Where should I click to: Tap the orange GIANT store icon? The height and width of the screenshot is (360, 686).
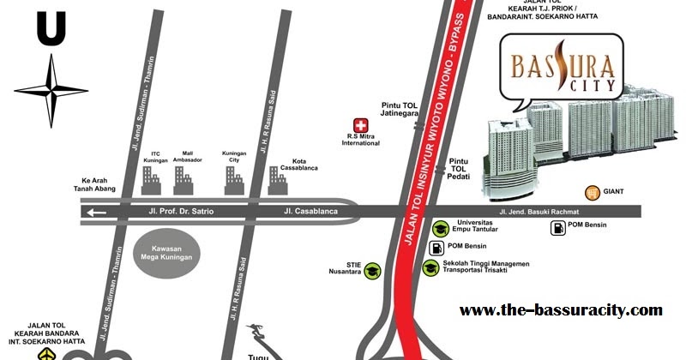click(x=592, y=192)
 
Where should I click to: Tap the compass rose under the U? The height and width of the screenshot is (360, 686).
click(x=51, y=88)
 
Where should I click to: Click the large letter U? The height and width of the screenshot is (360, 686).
click(x=51, y=29)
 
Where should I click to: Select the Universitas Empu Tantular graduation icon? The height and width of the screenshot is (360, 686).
click(x=440, y=228)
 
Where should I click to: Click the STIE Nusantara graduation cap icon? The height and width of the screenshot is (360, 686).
click(x=373, y=271)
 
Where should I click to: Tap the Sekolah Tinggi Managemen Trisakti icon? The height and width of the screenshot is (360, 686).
click(x=430, y=267)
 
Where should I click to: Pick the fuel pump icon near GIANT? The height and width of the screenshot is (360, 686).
click(x=557, y=228)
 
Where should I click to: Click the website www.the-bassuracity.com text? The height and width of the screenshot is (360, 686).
click(x=561, y=309)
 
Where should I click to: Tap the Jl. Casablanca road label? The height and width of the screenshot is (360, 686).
click(x=310, y=211)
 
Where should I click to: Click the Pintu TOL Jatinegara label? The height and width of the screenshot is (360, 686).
click(x=399, y=111)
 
